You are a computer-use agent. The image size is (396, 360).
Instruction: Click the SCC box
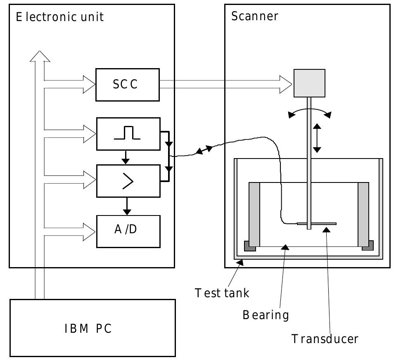[x=127, y=85]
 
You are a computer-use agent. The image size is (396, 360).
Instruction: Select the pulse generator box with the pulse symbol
[x=128, y=134]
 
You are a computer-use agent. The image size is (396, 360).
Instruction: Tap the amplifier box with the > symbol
[x=128, y=181]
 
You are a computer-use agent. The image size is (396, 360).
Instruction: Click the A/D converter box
[x=128, y=231]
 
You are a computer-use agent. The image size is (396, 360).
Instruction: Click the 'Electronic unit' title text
[x=59, y=17]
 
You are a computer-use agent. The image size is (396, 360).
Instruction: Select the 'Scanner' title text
[x=255, y=17]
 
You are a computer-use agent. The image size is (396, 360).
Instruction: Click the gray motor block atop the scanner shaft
[x=309, y=83]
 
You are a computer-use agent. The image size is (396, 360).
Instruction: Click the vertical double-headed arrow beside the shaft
[x=317, y=138]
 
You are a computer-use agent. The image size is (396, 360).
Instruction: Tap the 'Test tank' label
[x=222, y=293]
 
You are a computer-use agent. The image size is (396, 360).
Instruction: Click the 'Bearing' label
[x=266, y=315]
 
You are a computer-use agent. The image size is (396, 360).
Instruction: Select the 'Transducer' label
[x=325, y=339]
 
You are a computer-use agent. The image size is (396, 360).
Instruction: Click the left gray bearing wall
[x=254, y=214]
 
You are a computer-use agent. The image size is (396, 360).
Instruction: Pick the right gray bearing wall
[x=363, y=214]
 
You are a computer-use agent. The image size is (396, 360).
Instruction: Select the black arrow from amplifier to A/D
[x=127, y=206]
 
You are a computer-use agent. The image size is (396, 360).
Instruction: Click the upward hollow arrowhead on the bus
[x=40, y=56]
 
